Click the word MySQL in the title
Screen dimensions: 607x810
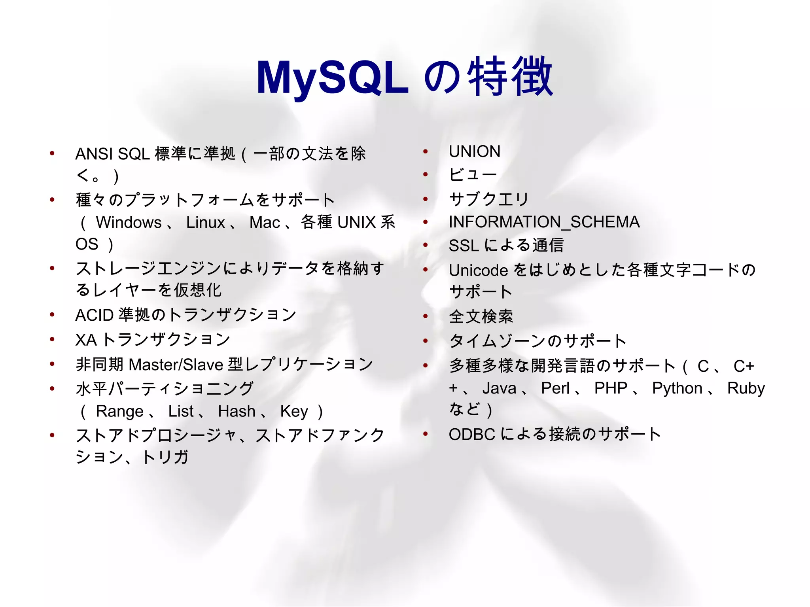point(332,78)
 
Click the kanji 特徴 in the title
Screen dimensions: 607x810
point(510,77)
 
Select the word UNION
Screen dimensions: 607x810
point(474,151)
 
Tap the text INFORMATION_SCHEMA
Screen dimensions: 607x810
point(544,222)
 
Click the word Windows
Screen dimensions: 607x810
point(129,222)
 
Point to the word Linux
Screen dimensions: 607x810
point(205,222)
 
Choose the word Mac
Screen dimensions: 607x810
point(265,222)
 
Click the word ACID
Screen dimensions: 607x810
point(95,315)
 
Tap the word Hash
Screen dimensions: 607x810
point(237,411)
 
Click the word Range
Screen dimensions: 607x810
point(119,411)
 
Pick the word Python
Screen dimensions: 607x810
point(677,388)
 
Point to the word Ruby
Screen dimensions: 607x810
point(746,388)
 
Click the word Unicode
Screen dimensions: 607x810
point(478,270)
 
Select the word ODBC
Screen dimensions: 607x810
point(472,434)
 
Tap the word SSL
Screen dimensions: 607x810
point(464,246)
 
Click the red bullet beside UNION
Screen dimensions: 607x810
point(426,151)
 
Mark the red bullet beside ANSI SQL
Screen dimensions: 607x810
point(52,153)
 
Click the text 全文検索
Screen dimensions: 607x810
point(481,316)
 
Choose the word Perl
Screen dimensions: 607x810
point(555,388)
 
